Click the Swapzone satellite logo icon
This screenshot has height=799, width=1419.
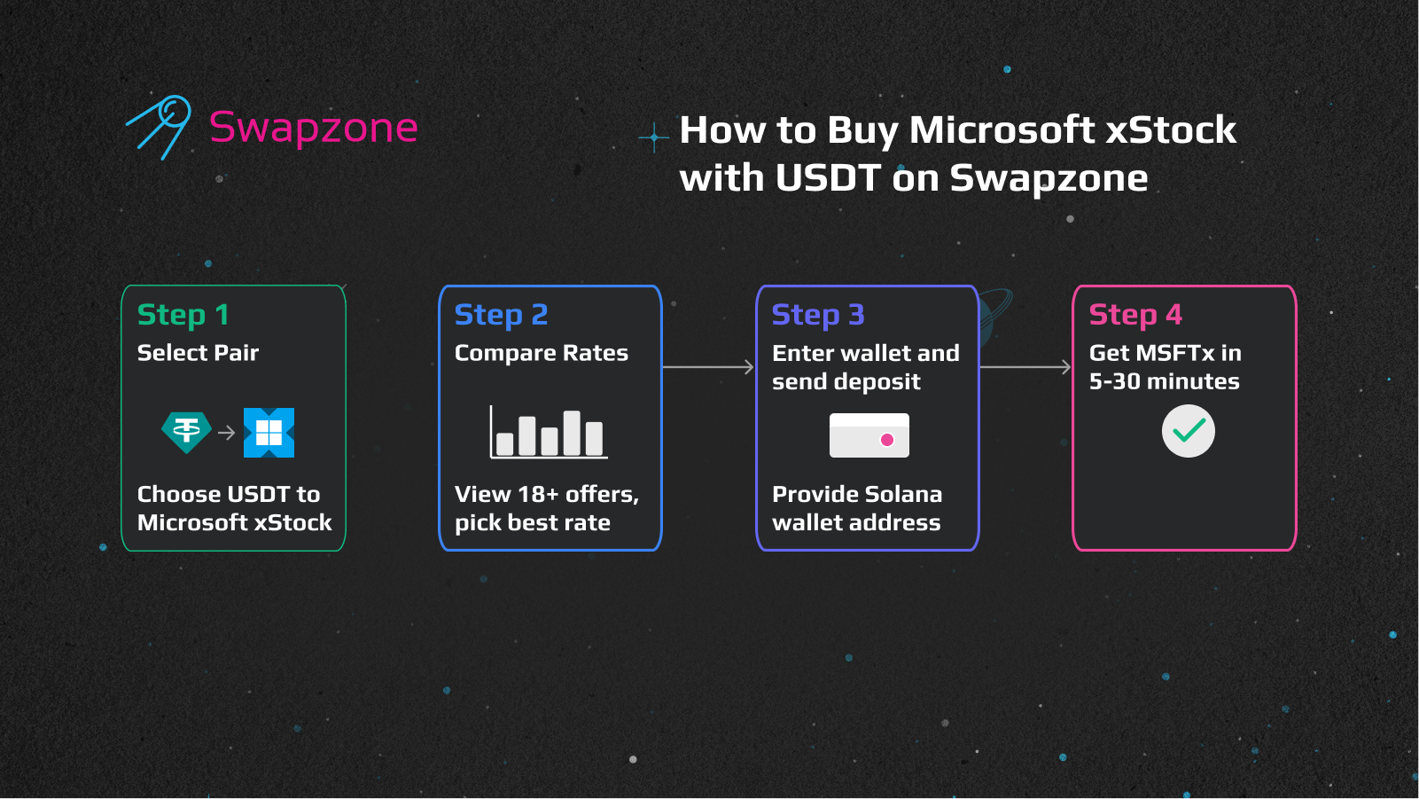(160, 127)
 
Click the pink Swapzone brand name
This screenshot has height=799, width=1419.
(313, 128)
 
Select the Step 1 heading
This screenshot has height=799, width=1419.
(183, 315)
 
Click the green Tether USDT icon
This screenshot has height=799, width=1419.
(186, 432)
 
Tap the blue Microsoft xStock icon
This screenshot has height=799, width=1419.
(269, 433)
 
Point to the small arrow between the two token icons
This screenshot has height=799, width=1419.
(227, 433)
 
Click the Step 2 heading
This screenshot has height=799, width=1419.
(501, 315)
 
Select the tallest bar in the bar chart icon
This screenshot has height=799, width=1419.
(572, 433)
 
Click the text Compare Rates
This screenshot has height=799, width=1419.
(541, 353)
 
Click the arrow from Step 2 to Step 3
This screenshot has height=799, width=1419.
(707, 366)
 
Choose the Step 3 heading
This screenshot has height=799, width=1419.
(817, 315)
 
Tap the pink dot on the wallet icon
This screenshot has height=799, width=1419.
(887, 440)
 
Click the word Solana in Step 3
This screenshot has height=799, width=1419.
(902, 494)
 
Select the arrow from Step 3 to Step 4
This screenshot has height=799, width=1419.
(1025, 366)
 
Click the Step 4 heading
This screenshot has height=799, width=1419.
(1134, 315)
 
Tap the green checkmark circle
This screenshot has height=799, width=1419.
(1188, 431)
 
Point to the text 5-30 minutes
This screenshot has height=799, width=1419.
(1164, 381)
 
